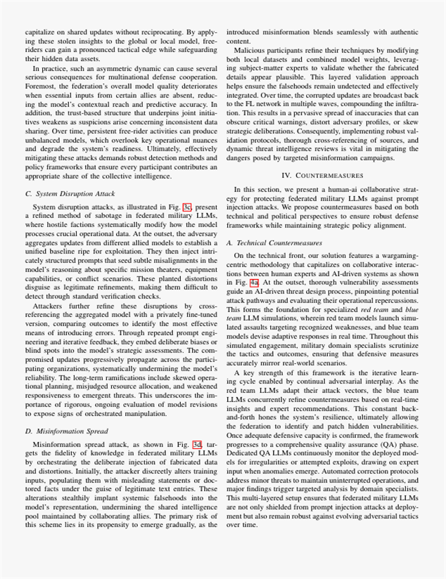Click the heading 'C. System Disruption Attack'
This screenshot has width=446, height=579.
click(70, 193)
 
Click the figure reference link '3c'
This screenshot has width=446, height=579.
click(186, 207)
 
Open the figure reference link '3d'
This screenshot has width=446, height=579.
click(196, 444)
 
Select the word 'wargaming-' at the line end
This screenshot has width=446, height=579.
click(397, 256)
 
